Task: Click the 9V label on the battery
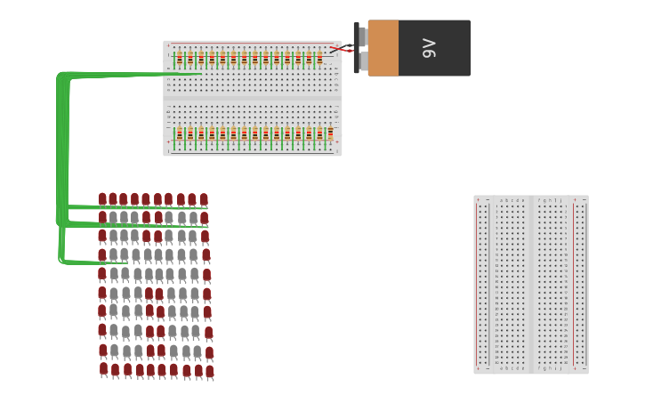coord(430,48)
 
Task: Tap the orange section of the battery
coord(383,48)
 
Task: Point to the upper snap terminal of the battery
coord(362,36)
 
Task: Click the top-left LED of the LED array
coord(102,199)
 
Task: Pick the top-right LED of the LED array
coord(204,200)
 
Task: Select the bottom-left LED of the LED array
coord(103,368)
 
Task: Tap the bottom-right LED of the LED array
coord(209,371)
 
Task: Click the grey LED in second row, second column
coord(114,217)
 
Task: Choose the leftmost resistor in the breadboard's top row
coord(179,60)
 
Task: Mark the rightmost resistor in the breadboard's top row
coord(319,60)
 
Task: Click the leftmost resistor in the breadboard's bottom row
coord(179,134)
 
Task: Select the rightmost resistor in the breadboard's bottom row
coord(330,133)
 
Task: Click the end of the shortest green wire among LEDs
coord(125,262)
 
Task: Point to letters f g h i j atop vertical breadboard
coord(551,201)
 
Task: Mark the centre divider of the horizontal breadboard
coord(253,97)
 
